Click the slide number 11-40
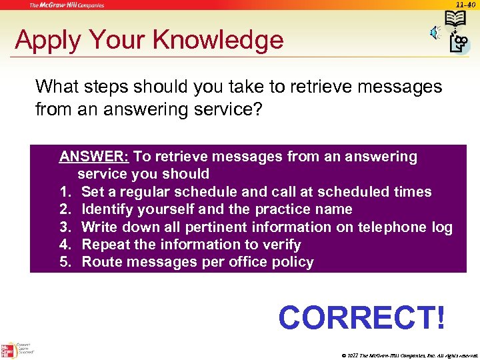(466, 5)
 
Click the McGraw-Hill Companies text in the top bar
(66, 5)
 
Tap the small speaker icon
(434, 33)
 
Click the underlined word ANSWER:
(94, 157)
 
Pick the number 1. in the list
(65, 192)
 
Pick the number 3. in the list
(65, 227)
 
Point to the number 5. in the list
(65, 262)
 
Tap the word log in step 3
(441, 227)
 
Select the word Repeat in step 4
(105, 245)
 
